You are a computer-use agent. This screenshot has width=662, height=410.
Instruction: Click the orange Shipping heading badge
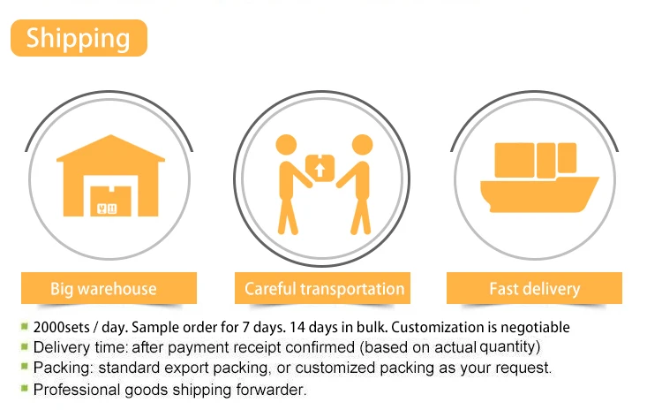click(x=79, y=38)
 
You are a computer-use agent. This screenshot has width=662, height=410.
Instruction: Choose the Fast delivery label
click(x=535, y=288)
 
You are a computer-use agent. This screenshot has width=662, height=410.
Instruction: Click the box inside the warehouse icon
click(x=110, y=201)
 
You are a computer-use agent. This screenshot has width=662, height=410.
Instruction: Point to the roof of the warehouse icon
click(x=110, y=148)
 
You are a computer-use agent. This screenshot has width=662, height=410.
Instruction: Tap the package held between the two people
click(x=320, y=168)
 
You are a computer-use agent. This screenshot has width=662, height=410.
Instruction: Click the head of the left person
click(x=286, y=146)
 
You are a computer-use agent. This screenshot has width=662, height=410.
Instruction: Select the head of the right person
click(x=362, y=146)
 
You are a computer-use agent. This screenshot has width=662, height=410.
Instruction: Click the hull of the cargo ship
click(x=538, y=195)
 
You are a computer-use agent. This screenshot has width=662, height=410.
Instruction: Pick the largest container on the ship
click(x=515, y=160)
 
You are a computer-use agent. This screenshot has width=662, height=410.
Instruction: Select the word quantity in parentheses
click(x=508, y=347)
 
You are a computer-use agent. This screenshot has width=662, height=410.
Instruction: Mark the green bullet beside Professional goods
click(x=25, y=388)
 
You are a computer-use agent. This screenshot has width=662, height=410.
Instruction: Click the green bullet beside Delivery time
click(x=25, y=346)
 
